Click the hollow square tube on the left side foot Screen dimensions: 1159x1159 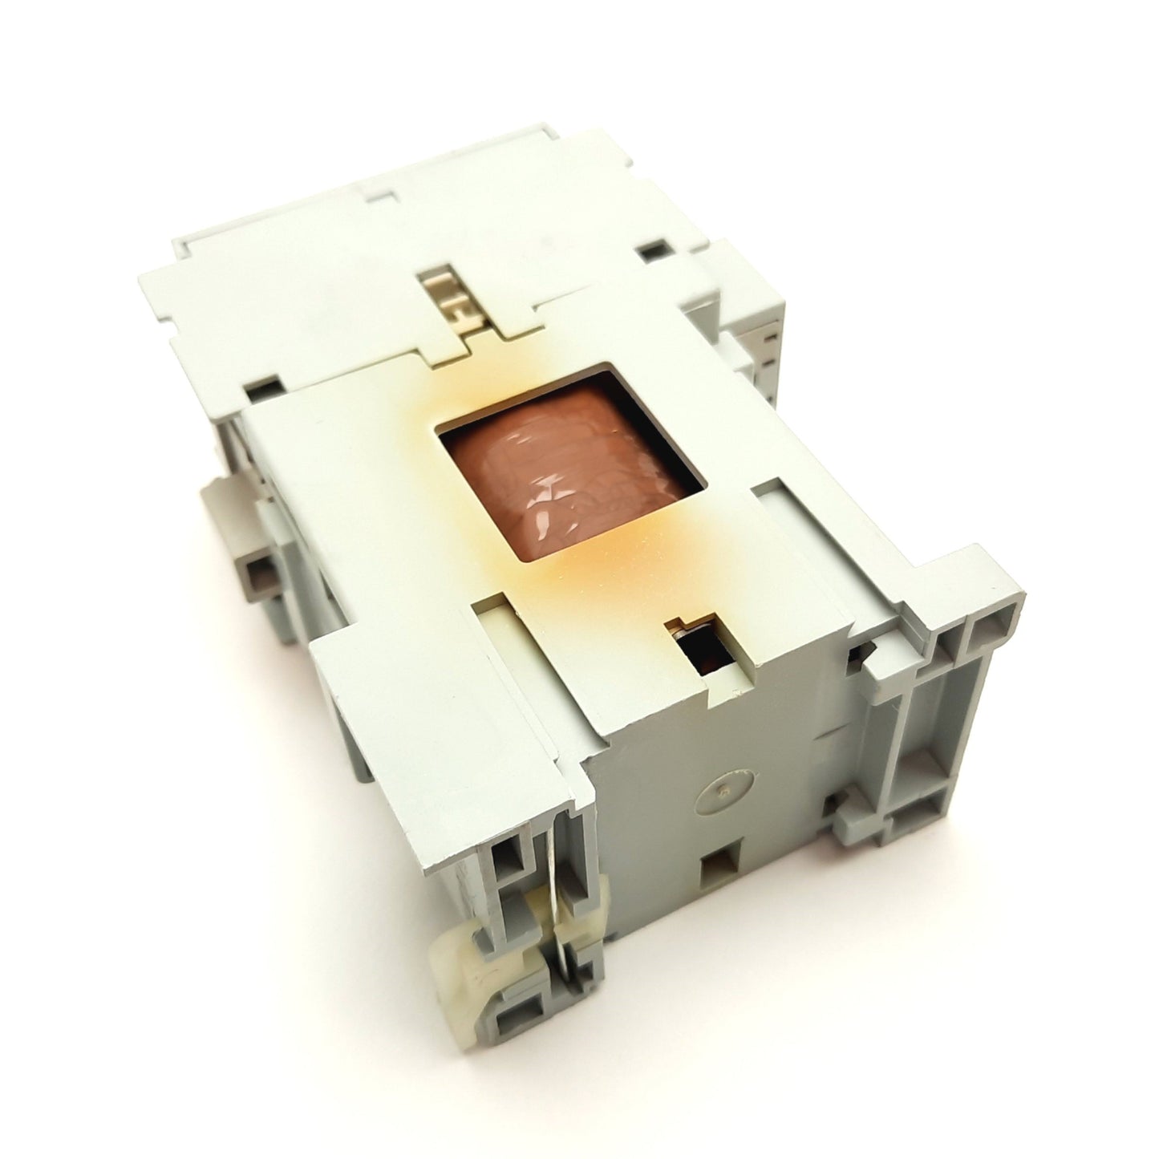[258, 574]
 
